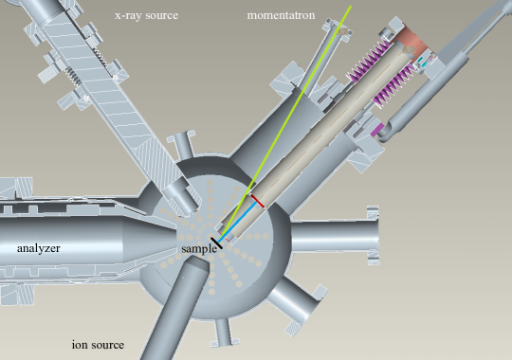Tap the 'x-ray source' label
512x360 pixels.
[x=146, y=16]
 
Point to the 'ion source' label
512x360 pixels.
[x=98, y=344]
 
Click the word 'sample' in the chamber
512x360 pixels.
[x=200, y=248]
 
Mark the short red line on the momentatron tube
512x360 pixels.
[x=257, y=201]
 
